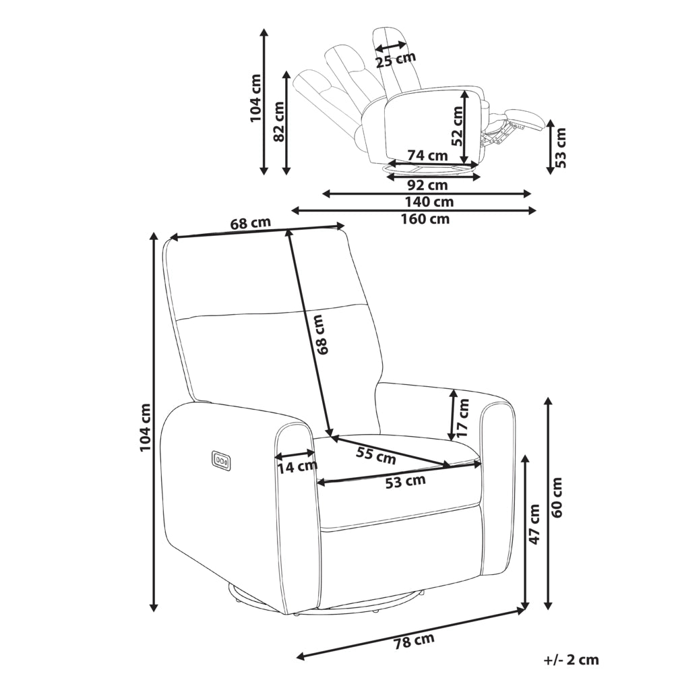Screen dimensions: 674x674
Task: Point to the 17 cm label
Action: [463, 418]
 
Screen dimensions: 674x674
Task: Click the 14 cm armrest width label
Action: [297, 467]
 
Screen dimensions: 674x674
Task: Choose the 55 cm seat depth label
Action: [376, 456]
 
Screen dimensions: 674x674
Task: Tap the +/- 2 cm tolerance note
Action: [571, 660]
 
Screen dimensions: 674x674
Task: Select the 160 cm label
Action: [425, 219]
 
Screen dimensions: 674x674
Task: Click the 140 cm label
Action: [429, 202]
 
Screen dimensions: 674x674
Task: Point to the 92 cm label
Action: [427, 185]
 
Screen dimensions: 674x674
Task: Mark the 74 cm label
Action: [428, 155]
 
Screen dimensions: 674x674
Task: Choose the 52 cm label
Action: [458, 127]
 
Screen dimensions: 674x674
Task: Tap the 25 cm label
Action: [396, 60]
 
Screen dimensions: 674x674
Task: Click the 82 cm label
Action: [280, 121]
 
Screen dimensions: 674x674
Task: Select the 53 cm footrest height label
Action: [560, 148]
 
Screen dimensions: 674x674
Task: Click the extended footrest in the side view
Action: [522, 117]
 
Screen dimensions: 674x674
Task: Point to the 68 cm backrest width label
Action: [251, 224]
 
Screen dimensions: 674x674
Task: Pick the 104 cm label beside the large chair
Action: [146, 427]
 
